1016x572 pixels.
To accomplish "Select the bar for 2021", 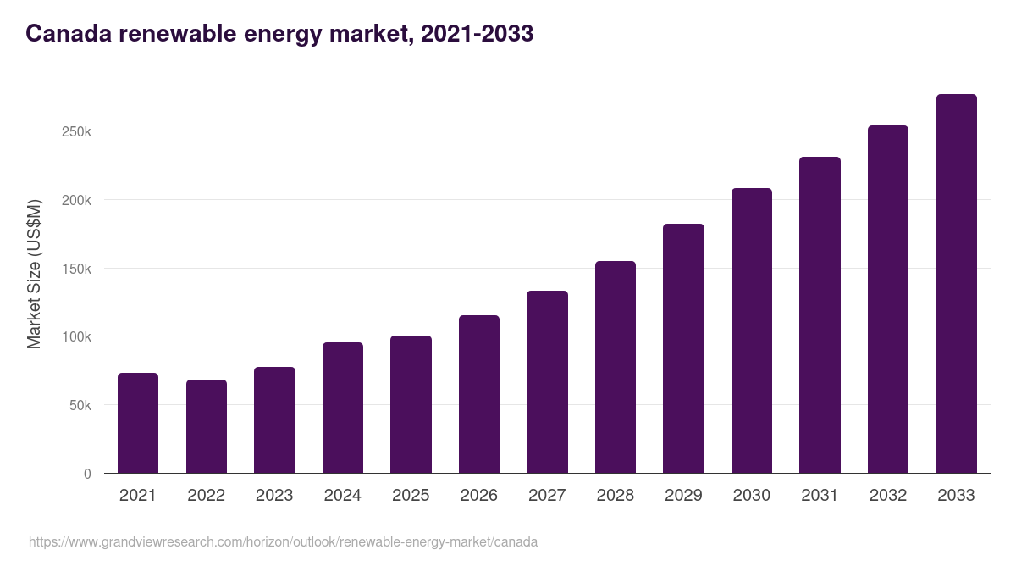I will click(138, 423).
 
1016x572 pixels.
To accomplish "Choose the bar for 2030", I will click(752, 330).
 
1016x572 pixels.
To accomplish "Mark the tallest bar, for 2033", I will click(956, 284).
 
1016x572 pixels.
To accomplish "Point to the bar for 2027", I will click(547, 381).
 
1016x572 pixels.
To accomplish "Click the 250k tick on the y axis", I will click(75, 132).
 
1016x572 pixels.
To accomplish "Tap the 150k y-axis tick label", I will click(75, 269).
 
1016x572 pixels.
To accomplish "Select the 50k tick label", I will click(79, 406).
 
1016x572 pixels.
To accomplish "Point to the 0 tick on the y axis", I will click(87, 474).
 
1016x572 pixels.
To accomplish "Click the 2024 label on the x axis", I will click(342, 496).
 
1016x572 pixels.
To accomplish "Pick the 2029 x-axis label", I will click(683, 496).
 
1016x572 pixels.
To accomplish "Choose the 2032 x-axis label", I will click(888, 496).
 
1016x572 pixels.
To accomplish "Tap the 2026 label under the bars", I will click(478, 496).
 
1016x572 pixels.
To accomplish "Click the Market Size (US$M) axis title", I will click(34, 273).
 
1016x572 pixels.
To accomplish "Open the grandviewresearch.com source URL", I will click(283, 541).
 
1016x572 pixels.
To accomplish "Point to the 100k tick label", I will click(75, 337).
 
